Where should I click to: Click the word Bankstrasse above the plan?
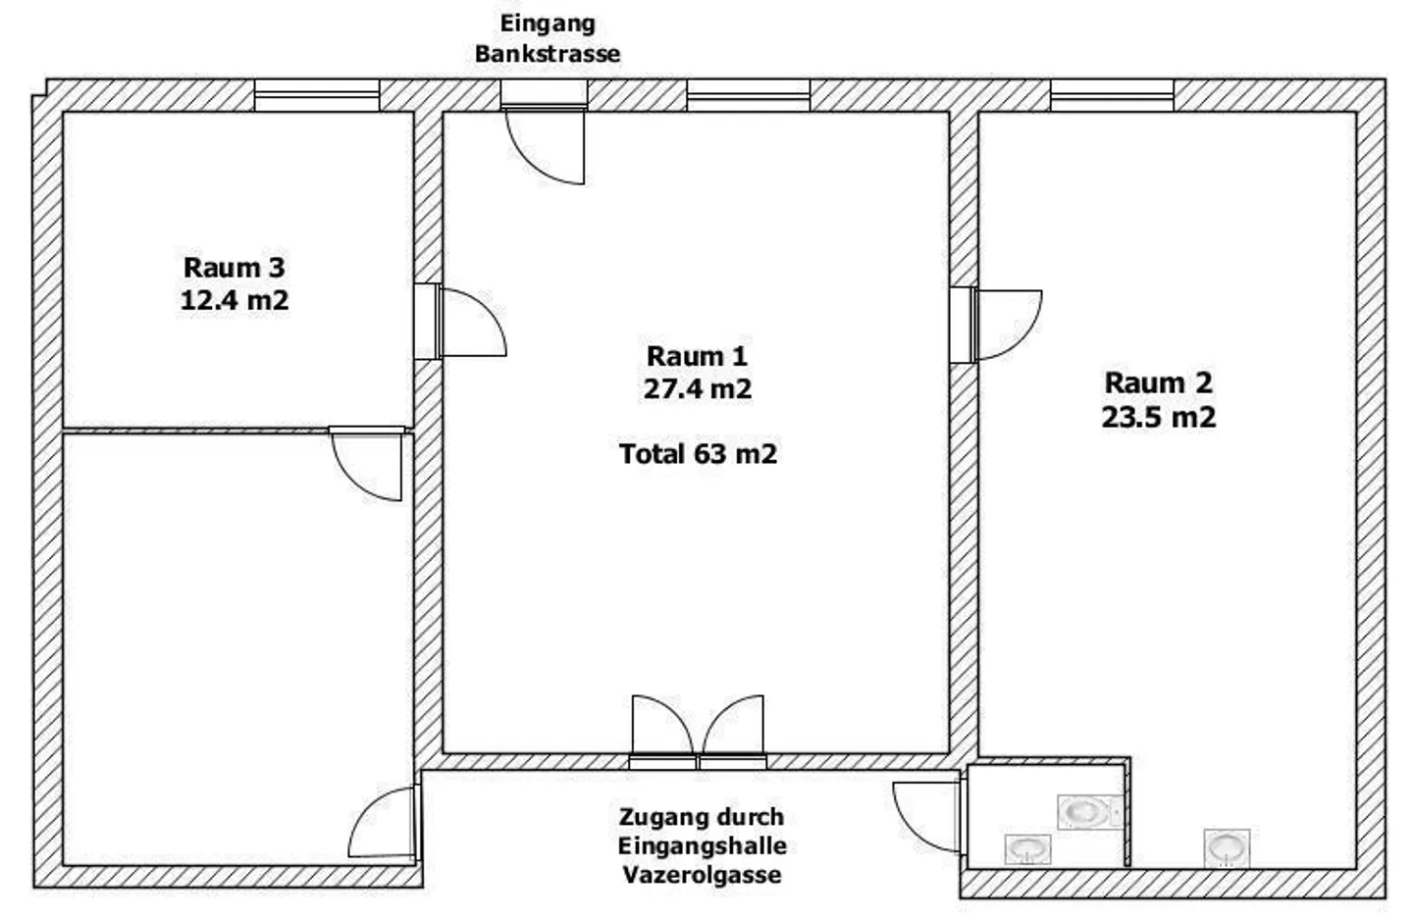click(548, 54)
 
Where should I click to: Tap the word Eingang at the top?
click(548, 24)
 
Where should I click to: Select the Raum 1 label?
click(697, 356)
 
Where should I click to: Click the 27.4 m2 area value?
click(698, 389)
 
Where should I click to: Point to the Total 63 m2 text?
click(699, 454)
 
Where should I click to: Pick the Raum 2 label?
click(1159, 383)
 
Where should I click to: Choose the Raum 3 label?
click(234, 268)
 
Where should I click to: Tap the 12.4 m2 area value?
click(234, 300)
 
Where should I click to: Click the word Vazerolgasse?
click(703, 875)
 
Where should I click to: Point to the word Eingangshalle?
click(703, 846)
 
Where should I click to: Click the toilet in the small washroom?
click(1089, 812)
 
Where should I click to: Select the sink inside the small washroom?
click(1027, 848)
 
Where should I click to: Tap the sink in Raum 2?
click(1227, 848)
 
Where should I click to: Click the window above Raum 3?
click(317, 95)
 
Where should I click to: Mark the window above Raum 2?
click(1112, 95)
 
